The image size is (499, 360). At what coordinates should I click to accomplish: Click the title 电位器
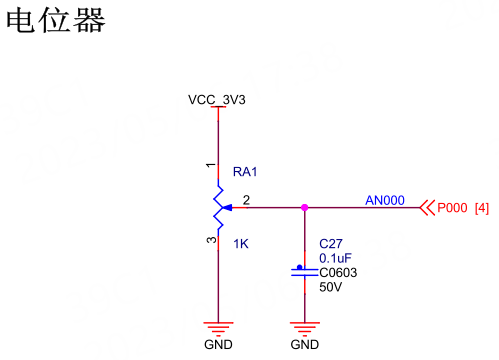(56, 21)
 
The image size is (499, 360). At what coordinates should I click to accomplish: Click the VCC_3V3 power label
(217, 100)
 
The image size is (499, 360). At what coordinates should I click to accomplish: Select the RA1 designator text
(245, 172)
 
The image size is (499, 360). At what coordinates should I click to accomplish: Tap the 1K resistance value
(241, 244)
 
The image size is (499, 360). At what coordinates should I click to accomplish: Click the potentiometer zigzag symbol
(219, 207)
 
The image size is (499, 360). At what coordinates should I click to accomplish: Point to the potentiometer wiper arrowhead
(227, 208)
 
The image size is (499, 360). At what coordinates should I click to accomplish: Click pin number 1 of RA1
(211, 165)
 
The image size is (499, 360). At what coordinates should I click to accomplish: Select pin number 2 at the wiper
(246, 200)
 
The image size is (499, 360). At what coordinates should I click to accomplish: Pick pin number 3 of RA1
(211, 240)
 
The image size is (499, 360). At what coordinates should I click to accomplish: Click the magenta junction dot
(304, 208)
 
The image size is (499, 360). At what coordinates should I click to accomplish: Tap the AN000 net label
(385, 200)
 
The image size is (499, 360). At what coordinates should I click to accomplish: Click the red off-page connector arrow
(427, 208)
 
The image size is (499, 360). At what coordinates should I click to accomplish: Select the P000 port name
(452, 208)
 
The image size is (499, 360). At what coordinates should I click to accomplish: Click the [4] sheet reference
(482, 208)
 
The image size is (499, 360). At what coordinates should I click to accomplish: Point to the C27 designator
(331, 244)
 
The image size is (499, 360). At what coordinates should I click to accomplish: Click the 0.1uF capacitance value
(335, 258)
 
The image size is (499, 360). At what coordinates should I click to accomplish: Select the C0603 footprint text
(338, 273)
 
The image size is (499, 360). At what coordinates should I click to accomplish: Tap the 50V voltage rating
(330, 287)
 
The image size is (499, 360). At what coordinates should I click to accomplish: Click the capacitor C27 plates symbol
(304, 272)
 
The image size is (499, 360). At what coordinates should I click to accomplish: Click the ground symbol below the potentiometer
(218, 329)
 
